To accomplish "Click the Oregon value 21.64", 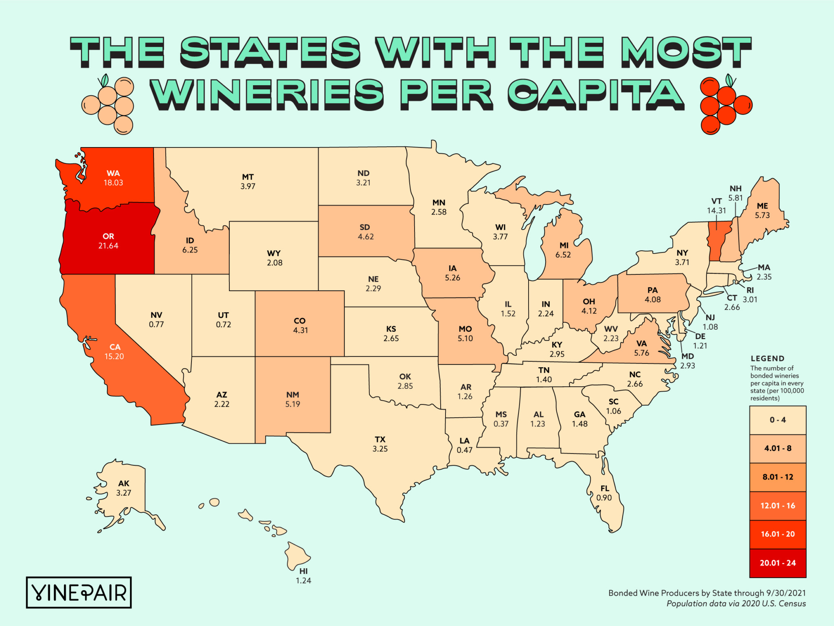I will (x=108, y=246).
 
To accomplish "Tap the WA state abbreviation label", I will (x=113, y=173).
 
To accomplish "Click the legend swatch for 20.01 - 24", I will (x=777, y=563).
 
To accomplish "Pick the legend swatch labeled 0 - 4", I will (x=777, y=420).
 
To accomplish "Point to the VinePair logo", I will (x=79, y=593).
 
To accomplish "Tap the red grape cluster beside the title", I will (x=725, y=105).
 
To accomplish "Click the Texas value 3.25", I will (x=380, y=449).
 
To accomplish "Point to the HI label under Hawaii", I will (x=303, y=571).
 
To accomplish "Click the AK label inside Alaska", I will (x=124, y=483).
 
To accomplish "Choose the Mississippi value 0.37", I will (x=501, y=424).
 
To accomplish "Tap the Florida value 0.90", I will (x=604, y=498).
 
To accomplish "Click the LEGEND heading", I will (x=767, y=359).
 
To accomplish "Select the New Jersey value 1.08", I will (x=710, y=327).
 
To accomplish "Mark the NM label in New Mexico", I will (x=292, y=395).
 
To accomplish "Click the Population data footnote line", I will (x=736, y=604).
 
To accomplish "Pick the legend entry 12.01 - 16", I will (x=777, y=506).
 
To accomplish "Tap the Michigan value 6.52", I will (x=563, y=255).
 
